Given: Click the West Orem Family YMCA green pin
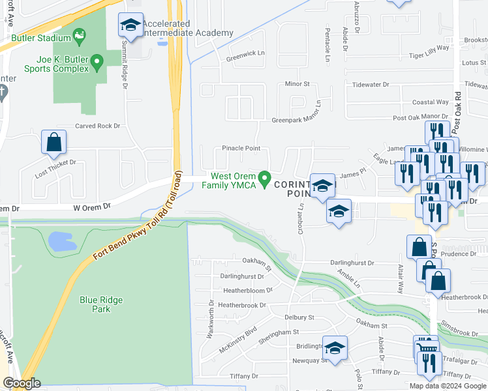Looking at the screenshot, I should (265, 178).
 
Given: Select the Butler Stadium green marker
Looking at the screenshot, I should (80, 35).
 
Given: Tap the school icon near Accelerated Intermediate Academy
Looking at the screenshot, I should (130, 26).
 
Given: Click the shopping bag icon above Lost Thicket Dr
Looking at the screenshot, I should (53, 141).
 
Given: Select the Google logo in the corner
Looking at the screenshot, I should (22, 384).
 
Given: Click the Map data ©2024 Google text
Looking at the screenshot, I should (448, 386).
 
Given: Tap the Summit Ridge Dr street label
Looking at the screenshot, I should (124, 66).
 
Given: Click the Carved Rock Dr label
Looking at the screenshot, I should (98, 126).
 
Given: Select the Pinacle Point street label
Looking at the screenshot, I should (241, 148).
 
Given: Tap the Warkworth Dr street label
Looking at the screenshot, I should (211, 320).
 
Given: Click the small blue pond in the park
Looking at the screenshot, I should (62, 241).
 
